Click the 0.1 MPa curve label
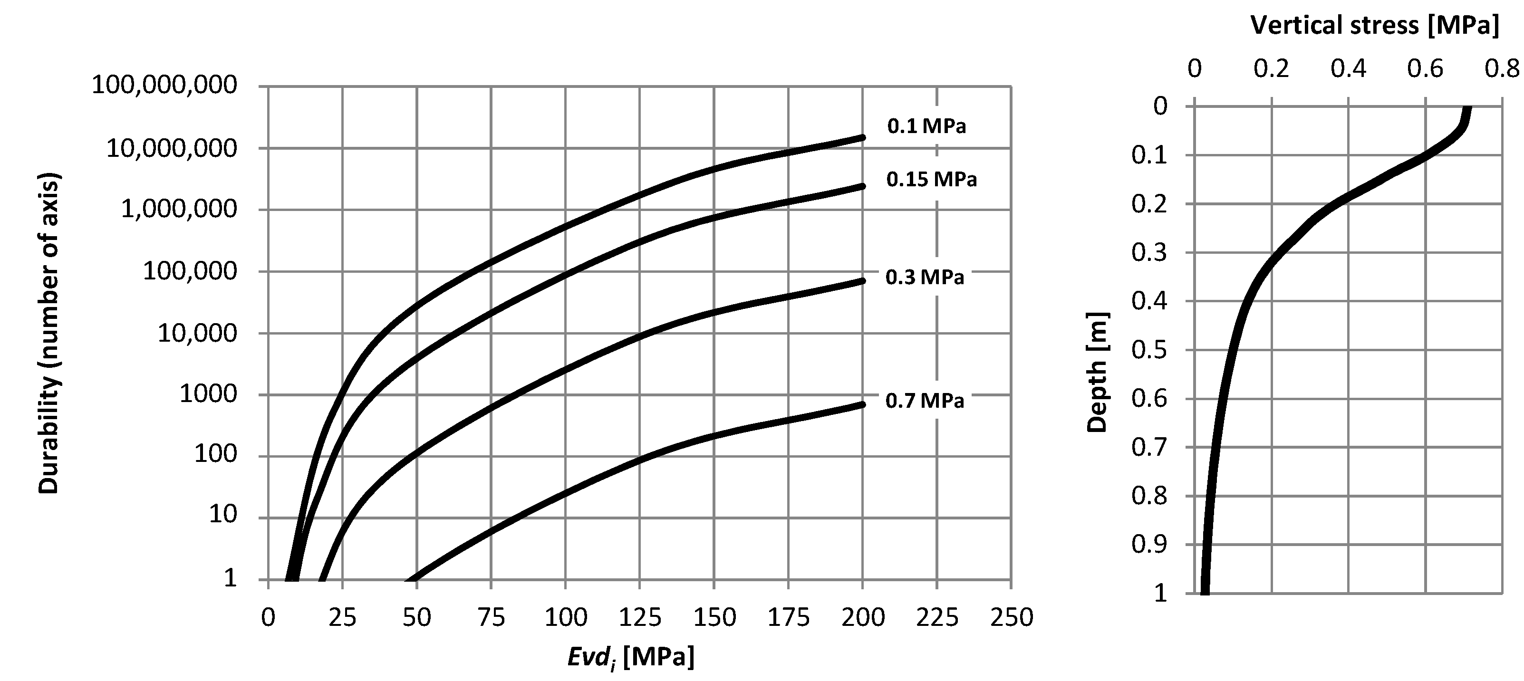(x=926, y=126)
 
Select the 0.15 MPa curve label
(x=931, y=179)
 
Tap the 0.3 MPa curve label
(x=924, y=277)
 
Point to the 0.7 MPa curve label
(x=924, y=401)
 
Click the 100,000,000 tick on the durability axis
(x=164, y=85)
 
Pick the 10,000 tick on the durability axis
(x=197, y=334)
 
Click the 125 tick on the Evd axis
(x=639, y=617)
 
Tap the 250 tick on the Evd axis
(x=1011, y=617)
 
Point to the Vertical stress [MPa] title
(x=1374, y=26)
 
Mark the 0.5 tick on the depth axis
(x=1149, y=350)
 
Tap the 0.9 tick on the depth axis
(x=1149, y=544)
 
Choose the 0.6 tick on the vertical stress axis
(x=1425, y=69)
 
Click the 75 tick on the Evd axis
(x=491, y=617)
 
